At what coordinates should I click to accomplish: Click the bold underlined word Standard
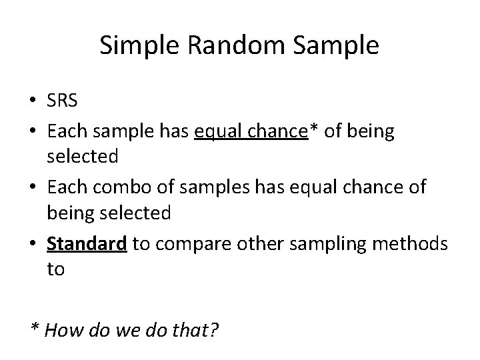(x=87, y=245)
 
